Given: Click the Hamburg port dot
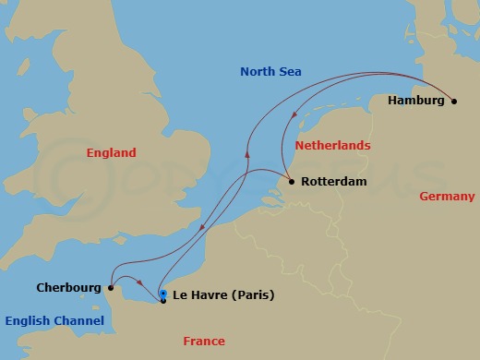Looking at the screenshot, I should (453, 102).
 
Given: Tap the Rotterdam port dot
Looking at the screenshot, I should (292, 182).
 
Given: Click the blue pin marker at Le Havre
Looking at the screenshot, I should (163, 294).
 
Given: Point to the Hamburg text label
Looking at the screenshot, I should (416, 101).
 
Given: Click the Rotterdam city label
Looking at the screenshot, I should (333, 182).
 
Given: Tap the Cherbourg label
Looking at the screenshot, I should (69, 287).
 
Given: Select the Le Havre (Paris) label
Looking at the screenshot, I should (223, 296).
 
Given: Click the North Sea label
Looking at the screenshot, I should (270, 72).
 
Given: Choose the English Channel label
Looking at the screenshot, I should (54, 320).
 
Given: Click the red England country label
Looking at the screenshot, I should (111, 153).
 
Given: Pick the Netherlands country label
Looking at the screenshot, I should (332, 146).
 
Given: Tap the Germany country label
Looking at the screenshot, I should (447, 197).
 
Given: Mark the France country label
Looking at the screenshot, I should (204, 342).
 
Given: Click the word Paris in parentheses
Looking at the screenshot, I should (253, 296).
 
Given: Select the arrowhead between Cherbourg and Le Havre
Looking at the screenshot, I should (139, 284).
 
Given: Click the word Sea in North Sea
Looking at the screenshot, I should (291, 72).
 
